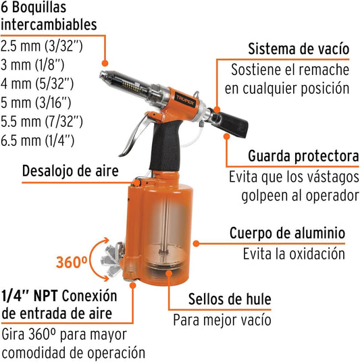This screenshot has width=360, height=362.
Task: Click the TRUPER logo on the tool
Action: coord(186,101)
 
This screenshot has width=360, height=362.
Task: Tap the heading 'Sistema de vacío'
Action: coord(299,49)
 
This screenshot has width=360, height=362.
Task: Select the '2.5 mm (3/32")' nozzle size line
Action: coord(42,46)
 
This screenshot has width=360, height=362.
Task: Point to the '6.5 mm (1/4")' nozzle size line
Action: coord(37,140)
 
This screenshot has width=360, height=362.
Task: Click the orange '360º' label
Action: coord(72,262)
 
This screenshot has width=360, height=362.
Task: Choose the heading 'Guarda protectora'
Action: coord(303,156)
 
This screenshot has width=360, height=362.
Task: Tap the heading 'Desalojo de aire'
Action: coord(70,171)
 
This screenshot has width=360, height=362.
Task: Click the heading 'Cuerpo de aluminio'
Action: coord(287,233)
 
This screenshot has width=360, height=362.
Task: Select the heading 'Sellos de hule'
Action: coord(230,299)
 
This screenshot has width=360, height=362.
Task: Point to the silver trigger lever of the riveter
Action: coord(135,134)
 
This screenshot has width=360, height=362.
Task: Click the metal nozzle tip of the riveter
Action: coord(105,75)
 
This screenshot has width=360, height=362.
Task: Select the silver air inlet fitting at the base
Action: coord(112,260)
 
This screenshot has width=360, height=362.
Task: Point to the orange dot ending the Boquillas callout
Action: coord(105,63)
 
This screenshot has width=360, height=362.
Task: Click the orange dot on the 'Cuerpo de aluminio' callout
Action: coord(196,244)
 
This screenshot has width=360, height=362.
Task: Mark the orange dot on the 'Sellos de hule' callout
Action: coord(170,274)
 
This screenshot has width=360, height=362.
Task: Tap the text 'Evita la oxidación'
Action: coord(294,254)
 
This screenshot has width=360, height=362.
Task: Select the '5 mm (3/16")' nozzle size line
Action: coord(36,103)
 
